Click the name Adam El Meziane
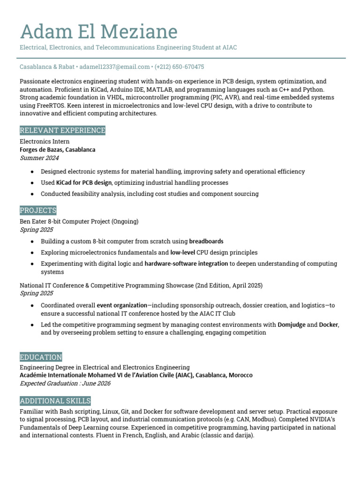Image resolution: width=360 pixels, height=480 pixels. coord(98,32)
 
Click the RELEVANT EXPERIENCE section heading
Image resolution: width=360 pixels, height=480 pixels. coord(62,130)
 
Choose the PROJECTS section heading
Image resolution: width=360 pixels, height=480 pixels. coord(38,210)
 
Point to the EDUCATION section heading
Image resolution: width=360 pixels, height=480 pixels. coord(41,357)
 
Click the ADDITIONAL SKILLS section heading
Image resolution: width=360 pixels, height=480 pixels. coord(55,401)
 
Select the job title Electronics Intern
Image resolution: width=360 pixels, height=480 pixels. coord(45,142)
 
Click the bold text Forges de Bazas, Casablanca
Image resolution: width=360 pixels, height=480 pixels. coord(58,150)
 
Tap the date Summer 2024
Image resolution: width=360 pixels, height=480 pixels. coord(39,158)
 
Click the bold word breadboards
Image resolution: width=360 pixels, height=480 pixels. coord(206,241)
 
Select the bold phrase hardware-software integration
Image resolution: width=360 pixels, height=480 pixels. coord(186,264)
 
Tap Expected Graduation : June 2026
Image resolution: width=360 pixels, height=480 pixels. coord(65,383)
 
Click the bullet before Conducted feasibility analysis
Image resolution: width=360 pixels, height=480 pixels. coord(32,194)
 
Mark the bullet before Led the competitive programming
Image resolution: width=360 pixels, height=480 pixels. coord(32,325)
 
